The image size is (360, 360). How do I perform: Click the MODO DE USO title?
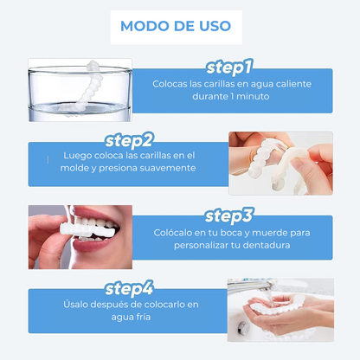(176, 26)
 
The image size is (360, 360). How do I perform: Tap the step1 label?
(229, 67)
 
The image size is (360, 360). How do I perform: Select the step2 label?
(129, 140)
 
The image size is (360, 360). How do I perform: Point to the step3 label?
(229, 216)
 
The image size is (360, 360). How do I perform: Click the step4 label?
(129, 289)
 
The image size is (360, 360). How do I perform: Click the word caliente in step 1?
(293, 84)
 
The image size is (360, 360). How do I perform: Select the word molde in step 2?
(74, 168)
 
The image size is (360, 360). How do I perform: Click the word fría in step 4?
(143, 317)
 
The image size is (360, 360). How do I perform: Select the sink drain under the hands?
(243, 326)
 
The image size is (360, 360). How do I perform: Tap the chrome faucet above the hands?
(254, 285)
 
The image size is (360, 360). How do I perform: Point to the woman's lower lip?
(92, 246)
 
